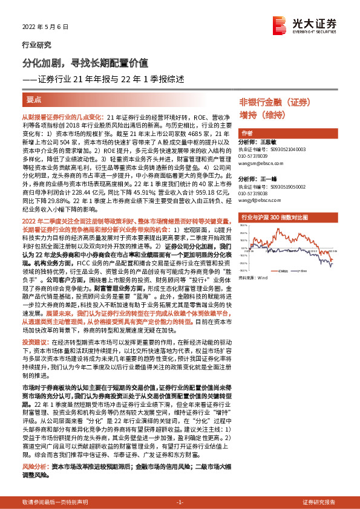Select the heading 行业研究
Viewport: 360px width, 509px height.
click(x=36, y=45)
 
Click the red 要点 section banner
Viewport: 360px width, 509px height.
click(x=35, y=99)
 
